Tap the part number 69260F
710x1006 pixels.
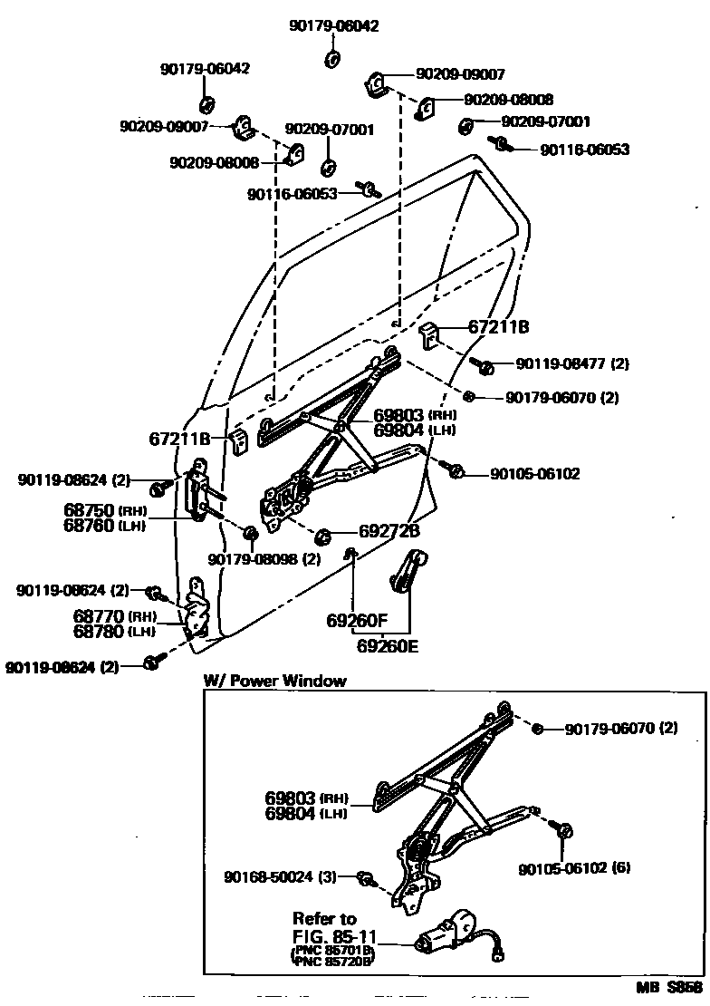click(x=357, y=622)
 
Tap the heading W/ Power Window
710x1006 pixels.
click(x=275, y=681)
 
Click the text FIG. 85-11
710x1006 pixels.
click(x=334, y=935)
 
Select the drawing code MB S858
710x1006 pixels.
click(x=670, y=988)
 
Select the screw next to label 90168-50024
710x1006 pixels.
click(x=368, y=876)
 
